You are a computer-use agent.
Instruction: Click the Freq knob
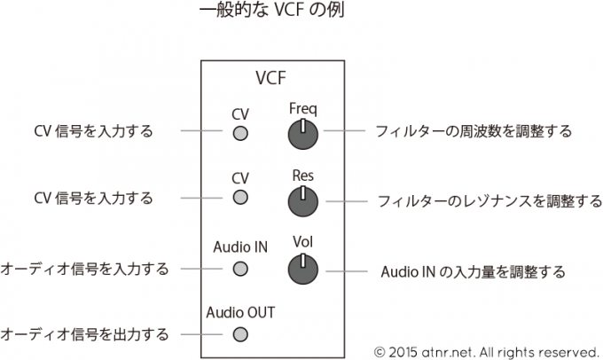pyautogui.click(x=303, y=135)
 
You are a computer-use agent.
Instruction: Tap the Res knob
pyautogui.click(x=303, y=202)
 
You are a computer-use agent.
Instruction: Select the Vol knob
pyautogui.click(x=303, y=268)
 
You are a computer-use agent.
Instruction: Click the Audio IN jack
pyautogui.click(x=239, y=268)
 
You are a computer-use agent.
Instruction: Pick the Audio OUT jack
pyautogui.click(x=239, y=334)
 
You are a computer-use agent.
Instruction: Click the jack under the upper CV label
pyautogui.click(x=239, y=135)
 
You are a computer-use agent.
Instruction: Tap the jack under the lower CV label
pyautogui.click(x=239, y=199)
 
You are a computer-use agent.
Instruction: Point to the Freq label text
pyautogui.click(x=303, y=109)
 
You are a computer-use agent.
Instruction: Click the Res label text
pyautogui.click(x=303, y=176)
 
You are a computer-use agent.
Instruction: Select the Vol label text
pyautogui.click(x=303, y=241)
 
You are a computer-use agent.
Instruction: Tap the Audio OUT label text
pyautogui.click(x=240, y=312)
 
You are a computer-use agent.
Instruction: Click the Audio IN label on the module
pyautogui.click(x=240, y=247)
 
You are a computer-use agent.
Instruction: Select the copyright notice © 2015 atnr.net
pyautogui.click(x=489, y=348)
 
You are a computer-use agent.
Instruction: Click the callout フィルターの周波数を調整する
pyautogui.click(x=473, y=131)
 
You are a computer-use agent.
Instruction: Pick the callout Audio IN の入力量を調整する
pyautogui.click(x=473, y=271)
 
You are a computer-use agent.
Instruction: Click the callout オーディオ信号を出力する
pyautogui.click(x=84, y=334)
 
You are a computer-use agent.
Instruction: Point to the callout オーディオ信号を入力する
pyautogui.click(x=84, y=268)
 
